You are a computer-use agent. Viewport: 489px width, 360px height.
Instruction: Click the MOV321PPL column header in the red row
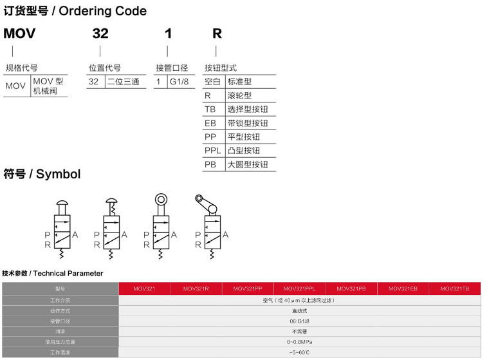point(300,289)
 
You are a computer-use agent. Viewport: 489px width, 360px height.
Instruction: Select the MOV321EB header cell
point(403,289)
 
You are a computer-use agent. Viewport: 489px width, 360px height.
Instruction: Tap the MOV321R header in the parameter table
point(196,289)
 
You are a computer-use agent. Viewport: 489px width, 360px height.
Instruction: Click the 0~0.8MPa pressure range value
point(300,341)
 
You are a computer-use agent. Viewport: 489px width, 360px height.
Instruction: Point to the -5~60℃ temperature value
point(300,352)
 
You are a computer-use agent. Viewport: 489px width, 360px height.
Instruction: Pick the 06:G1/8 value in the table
point(300,321)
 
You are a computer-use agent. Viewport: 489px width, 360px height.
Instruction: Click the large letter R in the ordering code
point(217,33)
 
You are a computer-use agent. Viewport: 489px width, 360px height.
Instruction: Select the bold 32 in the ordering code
point(100,33)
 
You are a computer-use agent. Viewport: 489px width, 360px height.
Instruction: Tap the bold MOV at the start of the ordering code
point(19,33)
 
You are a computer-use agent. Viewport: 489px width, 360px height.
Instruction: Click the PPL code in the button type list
point(213,151)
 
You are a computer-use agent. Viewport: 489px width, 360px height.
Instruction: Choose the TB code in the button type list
point(210,109)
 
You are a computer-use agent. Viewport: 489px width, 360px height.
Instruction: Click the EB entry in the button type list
point(210,123)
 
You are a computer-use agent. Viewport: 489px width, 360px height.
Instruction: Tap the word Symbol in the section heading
point(59,174)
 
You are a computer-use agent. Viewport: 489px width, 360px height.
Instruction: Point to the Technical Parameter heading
point(68,273)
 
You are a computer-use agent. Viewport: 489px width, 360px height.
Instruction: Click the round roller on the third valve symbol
point(160,200)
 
